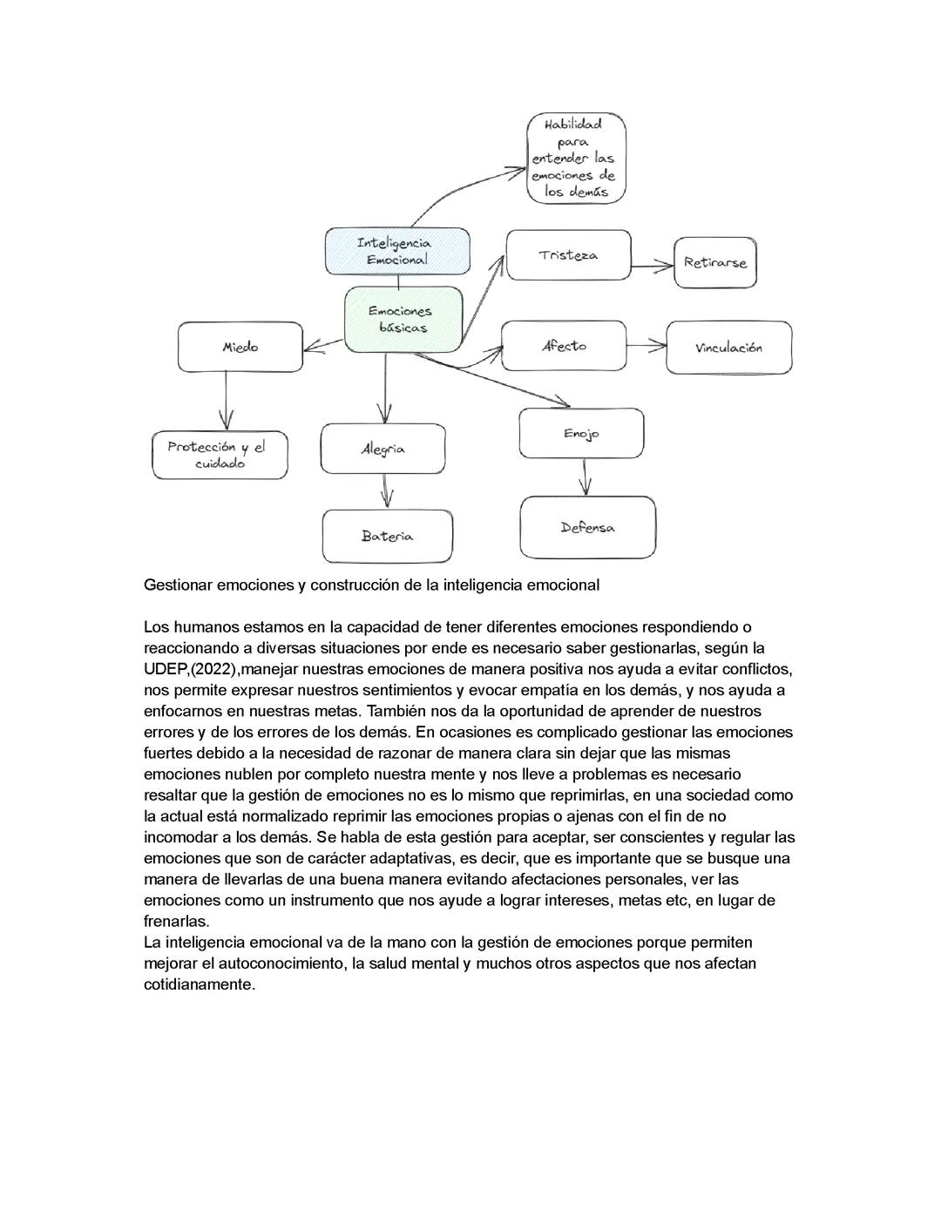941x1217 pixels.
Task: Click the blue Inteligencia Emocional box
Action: coord(397,251)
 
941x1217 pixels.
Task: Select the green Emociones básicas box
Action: coord(403,320)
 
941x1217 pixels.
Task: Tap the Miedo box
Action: coord(240,347)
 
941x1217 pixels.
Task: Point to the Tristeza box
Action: coord(568,255)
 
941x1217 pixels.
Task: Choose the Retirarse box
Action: coord(715,262)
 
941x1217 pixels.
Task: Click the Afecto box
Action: coord(564,346)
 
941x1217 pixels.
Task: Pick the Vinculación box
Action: coord(728,348)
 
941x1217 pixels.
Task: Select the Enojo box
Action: coord(581,433)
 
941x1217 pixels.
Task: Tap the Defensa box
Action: coord(587,527)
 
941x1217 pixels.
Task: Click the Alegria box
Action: coord(382,449)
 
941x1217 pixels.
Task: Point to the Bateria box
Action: coord(387,536)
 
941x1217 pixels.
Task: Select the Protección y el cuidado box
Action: coord(220,455)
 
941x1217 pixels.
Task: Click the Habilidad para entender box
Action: coord(576,158)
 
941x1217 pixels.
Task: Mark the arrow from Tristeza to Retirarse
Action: coord(653,265)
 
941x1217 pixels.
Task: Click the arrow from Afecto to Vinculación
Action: coord(647,346)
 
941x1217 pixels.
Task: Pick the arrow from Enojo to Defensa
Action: coord(586,477)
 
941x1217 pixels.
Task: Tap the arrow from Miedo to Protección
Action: coord(227,401)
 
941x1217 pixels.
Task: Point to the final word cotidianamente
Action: coord(199,984)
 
